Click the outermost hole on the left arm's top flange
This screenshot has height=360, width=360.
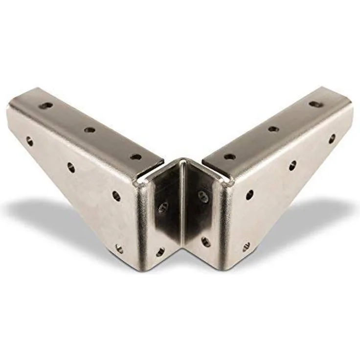point(46,105)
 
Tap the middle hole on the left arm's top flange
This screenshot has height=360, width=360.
point(90,130)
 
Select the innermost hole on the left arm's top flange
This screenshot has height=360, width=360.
point(136,157)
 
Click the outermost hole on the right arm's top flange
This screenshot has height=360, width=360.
point(314,104)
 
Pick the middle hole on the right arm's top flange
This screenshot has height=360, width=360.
point(273,129)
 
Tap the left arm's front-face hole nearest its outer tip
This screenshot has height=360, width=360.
point(30,141)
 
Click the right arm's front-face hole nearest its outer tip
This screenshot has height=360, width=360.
point(332,139)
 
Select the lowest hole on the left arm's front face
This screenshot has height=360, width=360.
point(119,248)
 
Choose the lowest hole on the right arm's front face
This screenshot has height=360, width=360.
point(246,247)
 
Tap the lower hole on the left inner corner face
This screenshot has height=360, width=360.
point(160,252)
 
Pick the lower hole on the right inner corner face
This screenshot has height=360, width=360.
point(205,241)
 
